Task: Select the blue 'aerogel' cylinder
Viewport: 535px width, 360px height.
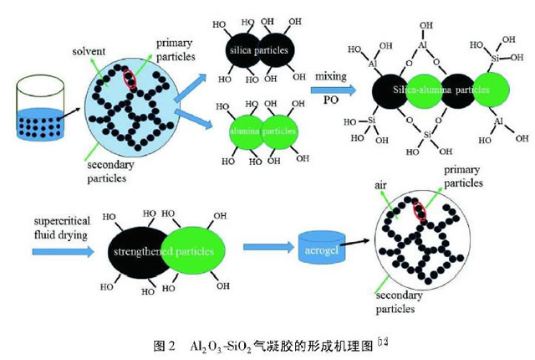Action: point(320,248)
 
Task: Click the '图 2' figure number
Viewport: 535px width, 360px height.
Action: point(164,344)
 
